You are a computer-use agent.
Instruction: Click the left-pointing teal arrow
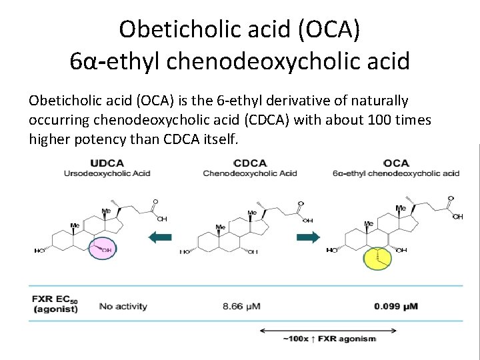(159, 236)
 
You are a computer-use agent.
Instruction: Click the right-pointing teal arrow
(308, 236)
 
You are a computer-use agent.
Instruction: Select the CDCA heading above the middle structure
(251, 163)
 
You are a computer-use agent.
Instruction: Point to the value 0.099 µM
(396, 306)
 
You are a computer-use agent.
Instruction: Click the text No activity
(123, 306)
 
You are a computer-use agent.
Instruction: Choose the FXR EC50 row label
(56, 303)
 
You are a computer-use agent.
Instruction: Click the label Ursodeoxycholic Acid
(107, 173)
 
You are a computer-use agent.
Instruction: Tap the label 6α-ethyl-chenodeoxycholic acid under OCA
(396, 173)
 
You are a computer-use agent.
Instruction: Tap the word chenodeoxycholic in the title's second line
(267, 62)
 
